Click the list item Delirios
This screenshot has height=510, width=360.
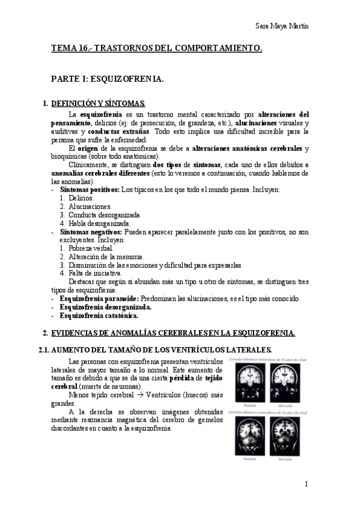[81, 197]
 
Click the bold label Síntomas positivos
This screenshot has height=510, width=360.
[89, 189]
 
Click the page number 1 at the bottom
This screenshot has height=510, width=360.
[307, 484]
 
